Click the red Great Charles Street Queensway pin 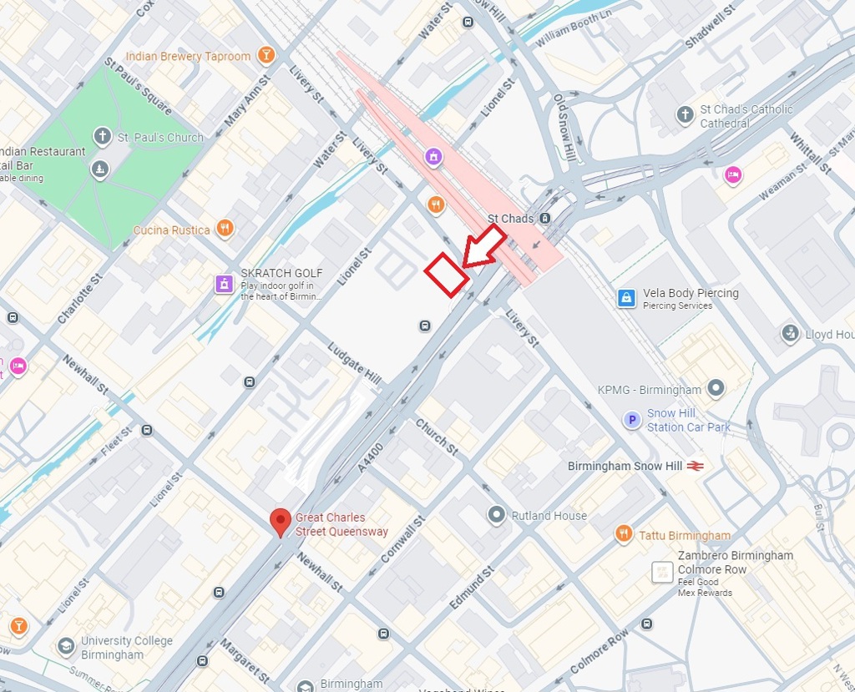click(x=281, y=522)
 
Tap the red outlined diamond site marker click(x=447, y=274)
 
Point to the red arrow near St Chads click(x=484, y=247)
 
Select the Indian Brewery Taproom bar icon click(x=266, y=56)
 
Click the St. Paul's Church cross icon click(x=103, y=136)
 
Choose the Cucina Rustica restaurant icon click(x=225, y=229)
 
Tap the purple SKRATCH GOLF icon click(x=224, y=284)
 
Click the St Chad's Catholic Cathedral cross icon click(x=686, y=114)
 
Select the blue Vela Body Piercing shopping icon click(x=626, y=298)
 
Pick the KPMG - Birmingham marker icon click(x=715, y=389)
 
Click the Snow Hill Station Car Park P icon click(x=633, y=420)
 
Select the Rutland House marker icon click(x=498, y=515)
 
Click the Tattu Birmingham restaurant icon click(x=624, y=534)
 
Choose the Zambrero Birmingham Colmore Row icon click(x=662, y=572)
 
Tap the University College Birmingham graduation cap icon click(x=66, y=646)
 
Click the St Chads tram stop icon click(x=544, y=219)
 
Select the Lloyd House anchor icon click(x=790, y=334)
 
